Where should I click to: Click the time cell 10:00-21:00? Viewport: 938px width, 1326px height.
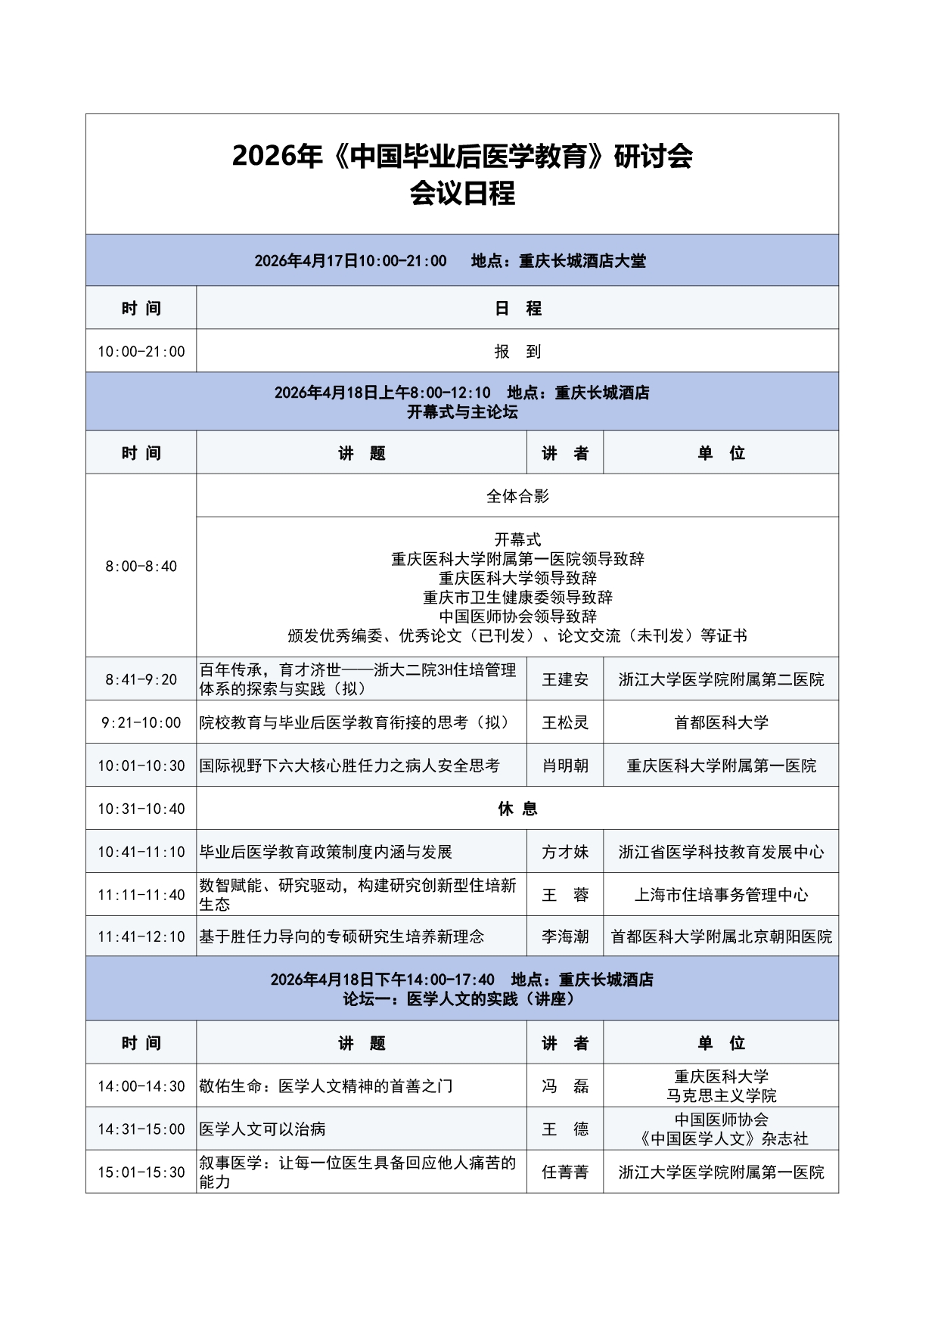tap(141, 351)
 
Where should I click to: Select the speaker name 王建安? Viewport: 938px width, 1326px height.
tap(565, 679)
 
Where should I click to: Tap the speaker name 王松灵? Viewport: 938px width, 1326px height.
tap(565, 722)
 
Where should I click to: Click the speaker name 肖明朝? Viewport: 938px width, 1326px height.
tap(565, 765)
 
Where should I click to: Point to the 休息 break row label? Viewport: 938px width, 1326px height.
tap(517, 809)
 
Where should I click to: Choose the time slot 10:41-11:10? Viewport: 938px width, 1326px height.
tap(141, 852)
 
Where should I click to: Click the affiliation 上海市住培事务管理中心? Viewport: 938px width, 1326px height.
tap(721, 895)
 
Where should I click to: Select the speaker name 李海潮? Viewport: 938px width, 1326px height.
tap(565, 936)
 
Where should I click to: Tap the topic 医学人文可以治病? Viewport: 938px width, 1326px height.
tap(262, 1129)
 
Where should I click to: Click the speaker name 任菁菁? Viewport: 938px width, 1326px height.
tap(565, 1172)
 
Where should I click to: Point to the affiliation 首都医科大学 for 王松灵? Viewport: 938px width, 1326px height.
tap(721, 722)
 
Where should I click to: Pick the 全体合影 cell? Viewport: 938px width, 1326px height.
tap(517, 496)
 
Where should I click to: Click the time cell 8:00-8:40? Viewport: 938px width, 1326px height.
tap(141, 566)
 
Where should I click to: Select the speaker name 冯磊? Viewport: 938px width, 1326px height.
tap(565, 1086)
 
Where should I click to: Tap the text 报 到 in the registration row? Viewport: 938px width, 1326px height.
tap(517, 351)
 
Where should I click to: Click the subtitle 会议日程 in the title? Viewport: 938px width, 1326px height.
tap(462, 194)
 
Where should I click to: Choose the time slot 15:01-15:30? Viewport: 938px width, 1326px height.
tap(141, 1172)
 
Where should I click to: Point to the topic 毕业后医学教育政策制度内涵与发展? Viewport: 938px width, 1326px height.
tap(325, 852)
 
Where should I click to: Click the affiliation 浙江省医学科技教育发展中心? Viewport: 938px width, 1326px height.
tap(721, 852)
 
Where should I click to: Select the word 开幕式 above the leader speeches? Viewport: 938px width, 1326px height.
tap(517, 539)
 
